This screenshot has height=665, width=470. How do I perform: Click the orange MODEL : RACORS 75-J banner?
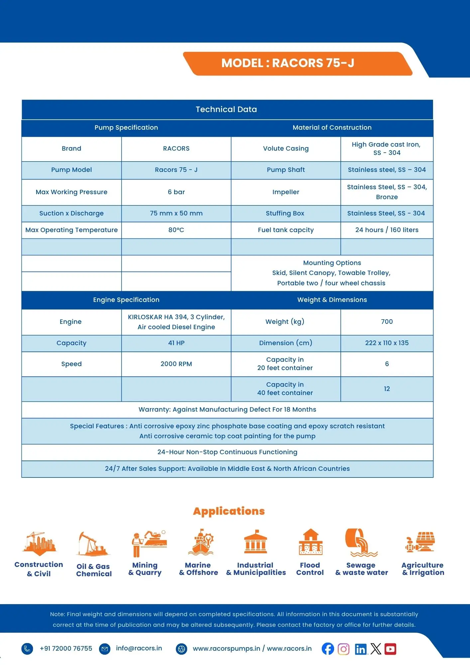point(288,63)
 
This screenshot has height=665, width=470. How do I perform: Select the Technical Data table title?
point(226,109)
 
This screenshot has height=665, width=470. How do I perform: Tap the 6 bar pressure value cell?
point(176,192)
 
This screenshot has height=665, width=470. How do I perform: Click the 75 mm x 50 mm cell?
point(176,213)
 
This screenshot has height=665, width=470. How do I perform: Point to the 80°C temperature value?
point(176,230)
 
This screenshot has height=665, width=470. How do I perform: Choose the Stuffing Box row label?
point(285,213)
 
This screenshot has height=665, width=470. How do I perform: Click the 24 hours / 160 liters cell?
point(387,230)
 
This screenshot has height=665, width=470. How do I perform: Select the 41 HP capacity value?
point(176,343)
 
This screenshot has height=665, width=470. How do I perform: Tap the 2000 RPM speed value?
point(176,364)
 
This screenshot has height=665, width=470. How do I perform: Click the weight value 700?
point(387,322)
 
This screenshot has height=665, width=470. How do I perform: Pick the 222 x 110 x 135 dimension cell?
point(387,343)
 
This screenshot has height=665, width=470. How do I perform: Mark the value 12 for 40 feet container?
point(387,389)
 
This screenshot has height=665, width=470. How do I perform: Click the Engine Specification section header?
point(126,300)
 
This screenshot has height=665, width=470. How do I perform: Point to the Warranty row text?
point(227,410)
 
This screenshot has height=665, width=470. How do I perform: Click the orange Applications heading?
point(229,511)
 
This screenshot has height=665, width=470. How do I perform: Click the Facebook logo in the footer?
point(328,649)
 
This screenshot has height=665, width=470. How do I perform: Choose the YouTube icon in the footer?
point(391,649)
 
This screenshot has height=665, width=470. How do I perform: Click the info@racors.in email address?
point(139,648)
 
